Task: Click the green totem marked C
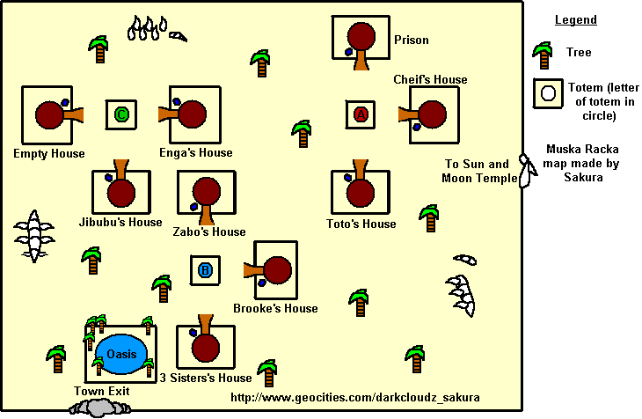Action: (x=121, y=114)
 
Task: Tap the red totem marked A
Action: (x=361, y=114)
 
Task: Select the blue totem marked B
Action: (x=205, y=270)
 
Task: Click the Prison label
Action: (x=411, y=40)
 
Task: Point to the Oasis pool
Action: (x=121, y=354)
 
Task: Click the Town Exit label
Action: (x=101, y=391)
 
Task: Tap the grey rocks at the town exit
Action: (x=100, y=408)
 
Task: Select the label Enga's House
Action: (x=196, y=153)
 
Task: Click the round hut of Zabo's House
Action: (x=207, y=191)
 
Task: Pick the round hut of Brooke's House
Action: (x=277, y=270)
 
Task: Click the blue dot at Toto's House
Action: (x=347, y=178)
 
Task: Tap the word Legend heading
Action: (x=576, y=19)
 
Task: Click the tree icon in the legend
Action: (x=543, y=55)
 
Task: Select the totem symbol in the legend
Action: (x=548, y=93)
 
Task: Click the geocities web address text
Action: (x=355, y=397)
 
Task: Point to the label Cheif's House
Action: (x=430, y=79)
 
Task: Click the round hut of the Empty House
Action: (x=49, y=115)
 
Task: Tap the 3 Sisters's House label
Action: (x=206, y=378)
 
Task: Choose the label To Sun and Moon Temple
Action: (x=479, y=171)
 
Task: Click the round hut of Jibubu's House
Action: (x=121, y=192)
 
